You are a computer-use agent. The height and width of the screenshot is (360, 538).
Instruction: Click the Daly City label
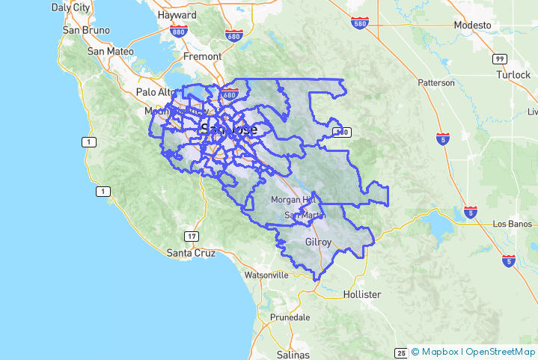pos(70,7)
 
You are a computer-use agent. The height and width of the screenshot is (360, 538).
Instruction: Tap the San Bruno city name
pos(86,30)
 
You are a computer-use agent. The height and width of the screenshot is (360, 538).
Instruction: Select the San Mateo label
pos(110,52)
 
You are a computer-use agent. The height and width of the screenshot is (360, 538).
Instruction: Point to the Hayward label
pos(178,15)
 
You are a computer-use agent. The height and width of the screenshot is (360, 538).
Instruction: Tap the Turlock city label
pos(513,75)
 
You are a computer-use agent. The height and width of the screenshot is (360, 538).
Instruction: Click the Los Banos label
pos(512,224)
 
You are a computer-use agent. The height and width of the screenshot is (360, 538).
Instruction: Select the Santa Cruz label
pos(190,253)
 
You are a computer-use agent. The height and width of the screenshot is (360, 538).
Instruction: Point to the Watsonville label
pos(265,275)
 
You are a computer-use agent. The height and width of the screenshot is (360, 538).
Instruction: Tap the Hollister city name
pos(361,294)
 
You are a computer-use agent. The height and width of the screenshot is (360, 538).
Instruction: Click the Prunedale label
pos(290,317)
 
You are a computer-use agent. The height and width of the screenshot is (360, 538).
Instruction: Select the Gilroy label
pos(319,242)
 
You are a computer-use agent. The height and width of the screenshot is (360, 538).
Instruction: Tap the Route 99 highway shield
pos(499,58)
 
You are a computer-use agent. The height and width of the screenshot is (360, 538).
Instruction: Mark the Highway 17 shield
pos(192,237)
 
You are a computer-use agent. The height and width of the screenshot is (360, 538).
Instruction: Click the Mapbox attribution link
pos(439,352)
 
